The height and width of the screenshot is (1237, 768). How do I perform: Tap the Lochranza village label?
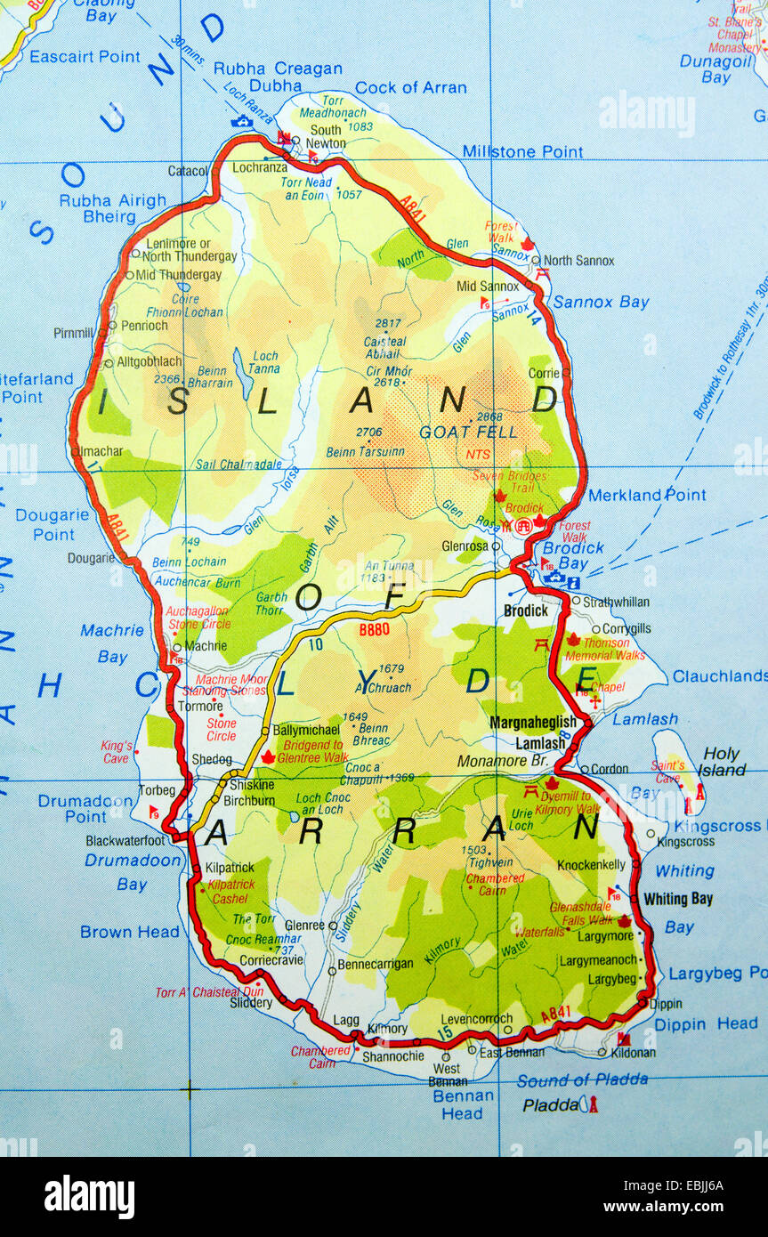point(260,166)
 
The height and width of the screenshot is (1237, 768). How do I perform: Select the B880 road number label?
point(375,629)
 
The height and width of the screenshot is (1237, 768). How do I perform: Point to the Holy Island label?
point(721,762)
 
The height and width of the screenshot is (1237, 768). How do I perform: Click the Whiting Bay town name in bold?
point(678,899)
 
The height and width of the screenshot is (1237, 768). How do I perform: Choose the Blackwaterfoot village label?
point(125,840)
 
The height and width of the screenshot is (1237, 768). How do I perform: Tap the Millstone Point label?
point(522,152)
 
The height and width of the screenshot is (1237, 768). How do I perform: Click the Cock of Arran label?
point(410,87)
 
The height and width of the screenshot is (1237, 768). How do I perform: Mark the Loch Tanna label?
point(264,362)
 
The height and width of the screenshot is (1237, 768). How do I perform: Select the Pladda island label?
point(549,1105)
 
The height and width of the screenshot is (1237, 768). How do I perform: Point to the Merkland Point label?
point(647,495)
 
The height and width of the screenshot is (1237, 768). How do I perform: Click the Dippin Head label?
point(706,1024)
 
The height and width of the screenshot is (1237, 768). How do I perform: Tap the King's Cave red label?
point(116,752)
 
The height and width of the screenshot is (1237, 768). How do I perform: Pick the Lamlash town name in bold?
point(540,743)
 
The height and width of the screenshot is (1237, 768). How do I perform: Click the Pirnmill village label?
point(73,334)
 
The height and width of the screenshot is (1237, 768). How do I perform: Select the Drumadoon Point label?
point(73,809)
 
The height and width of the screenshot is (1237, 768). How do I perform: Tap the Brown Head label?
point(129,932)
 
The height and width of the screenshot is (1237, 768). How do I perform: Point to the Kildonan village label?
point(633,1053)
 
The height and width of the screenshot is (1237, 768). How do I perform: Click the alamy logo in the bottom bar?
point(89,1196)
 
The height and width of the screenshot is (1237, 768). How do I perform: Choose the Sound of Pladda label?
point(582,1080)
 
